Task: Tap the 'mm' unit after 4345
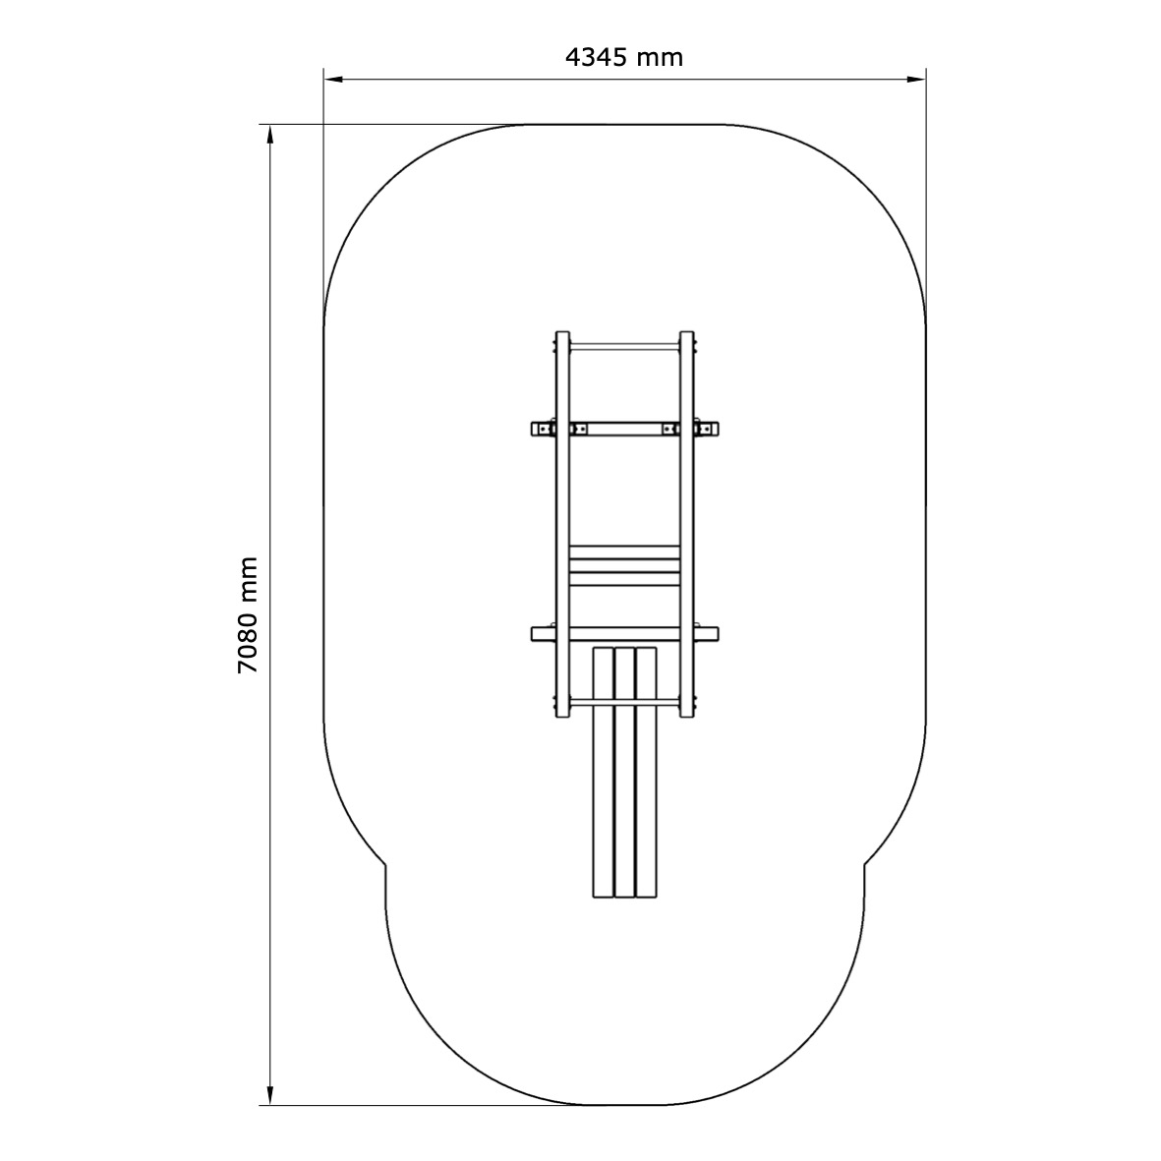tap(660, 59)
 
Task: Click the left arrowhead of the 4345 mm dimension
tap(332, 79)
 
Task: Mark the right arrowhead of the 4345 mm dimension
tap(917, 79)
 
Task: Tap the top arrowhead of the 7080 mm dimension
tap(269, 134)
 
